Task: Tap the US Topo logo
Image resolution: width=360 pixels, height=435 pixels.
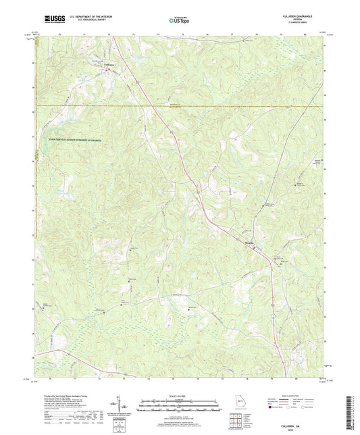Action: pos(180,20)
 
